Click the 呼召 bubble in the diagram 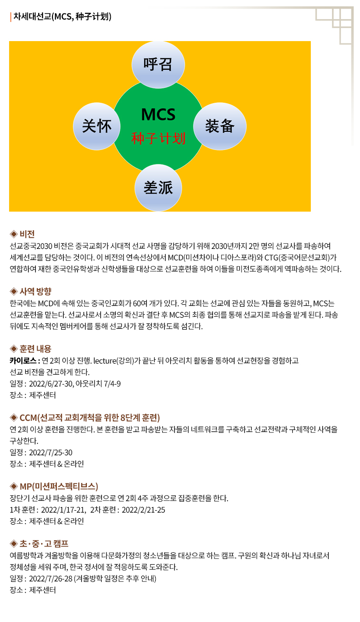158,64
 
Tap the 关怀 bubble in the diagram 96,126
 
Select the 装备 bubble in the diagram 220,126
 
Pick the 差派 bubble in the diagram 158,188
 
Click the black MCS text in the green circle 158,114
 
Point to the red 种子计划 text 158,138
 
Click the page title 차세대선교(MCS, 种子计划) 63,17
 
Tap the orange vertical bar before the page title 11,17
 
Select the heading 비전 27,234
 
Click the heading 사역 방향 35,291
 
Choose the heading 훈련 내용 35,349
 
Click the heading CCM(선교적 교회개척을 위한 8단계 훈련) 90,418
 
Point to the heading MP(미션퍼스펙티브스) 59,486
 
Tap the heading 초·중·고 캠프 44,544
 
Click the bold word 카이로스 23,361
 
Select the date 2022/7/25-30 51,452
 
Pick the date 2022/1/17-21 64,510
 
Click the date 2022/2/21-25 144,510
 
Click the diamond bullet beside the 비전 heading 13,234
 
